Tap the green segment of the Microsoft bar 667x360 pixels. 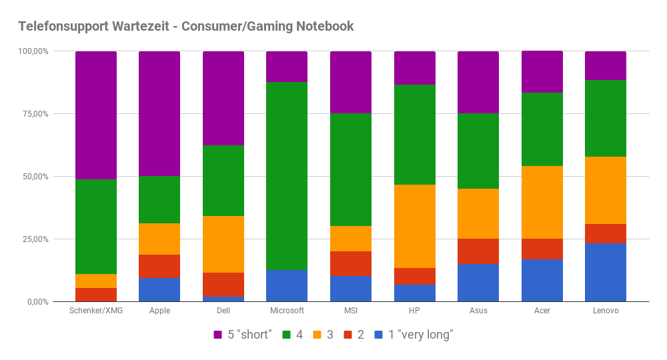(x=287, y=176)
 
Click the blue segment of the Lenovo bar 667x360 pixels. (x=606, y=273)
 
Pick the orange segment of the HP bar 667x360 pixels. (x=415, y=226)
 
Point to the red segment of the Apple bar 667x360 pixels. (x=159, y=266)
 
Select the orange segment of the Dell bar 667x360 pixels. (x=223, y=244)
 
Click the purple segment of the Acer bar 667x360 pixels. (x=542, y=72)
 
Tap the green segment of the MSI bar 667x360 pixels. (x=351, y=169)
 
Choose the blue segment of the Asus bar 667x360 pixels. (x=478, y=283)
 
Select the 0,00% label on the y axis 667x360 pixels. (x=37, y=302)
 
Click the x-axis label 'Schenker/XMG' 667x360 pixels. (x=96, y=311)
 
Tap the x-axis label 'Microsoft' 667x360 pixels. (x=287, y=311)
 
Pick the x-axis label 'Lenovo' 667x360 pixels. (x=606, y=311)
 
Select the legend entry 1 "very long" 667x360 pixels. (x=414, y=335)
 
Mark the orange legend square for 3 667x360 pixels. (x=316, y=335)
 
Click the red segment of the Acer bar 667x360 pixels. (x=542, y=249)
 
